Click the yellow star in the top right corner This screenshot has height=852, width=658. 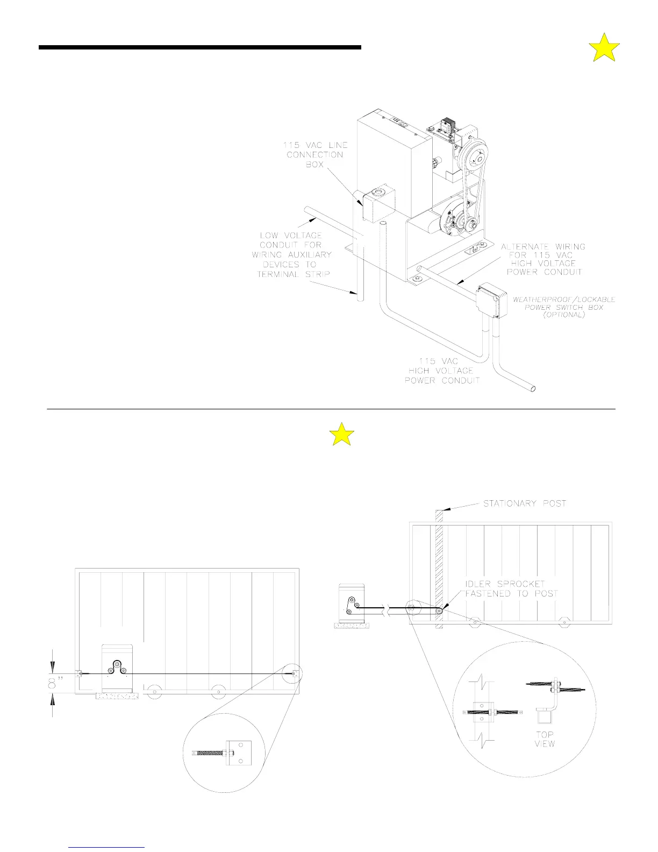click(x=604, y=48)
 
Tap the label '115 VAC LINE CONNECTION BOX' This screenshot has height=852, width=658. click(x=315, y=155)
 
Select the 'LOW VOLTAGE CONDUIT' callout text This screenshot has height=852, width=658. click(x=291, y=254)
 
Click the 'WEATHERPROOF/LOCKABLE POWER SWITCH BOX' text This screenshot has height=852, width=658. click(x=564, y=307)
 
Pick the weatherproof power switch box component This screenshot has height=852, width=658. click(x=491, y=299)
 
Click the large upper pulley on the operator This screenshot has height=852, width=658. click(x=473, y=157)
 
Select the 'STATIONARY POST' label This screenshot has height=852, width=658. click(x=524, y=503)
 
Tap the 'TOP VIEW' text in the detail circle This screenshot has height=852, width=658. click(x=544, y=739)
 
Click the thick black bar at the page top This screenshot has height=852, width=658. click(x=199, y=47)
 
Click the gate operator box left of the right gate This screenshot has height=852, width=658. click(x=352, y=603)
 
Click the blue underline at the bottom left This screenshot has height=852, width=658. click(x=107, y=847)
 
